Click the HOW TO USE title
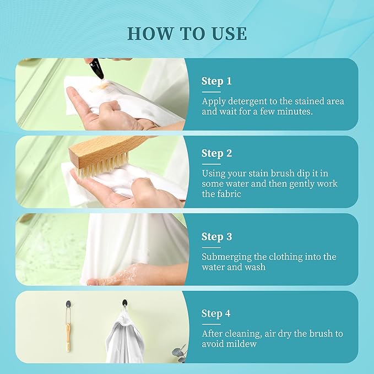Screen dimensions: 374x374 click(x=187, y=33)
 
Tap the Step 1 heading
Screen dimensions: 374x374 click(x=216, y=81)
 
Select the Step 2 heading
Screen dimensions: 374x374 click(x=216, y=153)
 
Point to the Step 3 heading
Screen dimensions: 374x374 click(x=216, y=237)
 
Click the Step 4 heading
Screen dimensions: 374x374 click(x=216, y=313)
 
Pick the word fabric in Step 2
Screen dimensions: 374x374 click(x=229, y=194)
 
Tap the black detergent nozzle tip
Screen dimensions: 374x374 click(x=101, y=77)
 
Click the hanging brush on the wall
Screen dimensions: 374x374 click(x=68, y=331)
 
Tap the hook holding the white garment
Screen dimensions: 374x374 click(x=124, y=303)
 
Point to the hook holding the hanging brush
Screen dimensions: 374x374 click(x=68, y=304)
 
